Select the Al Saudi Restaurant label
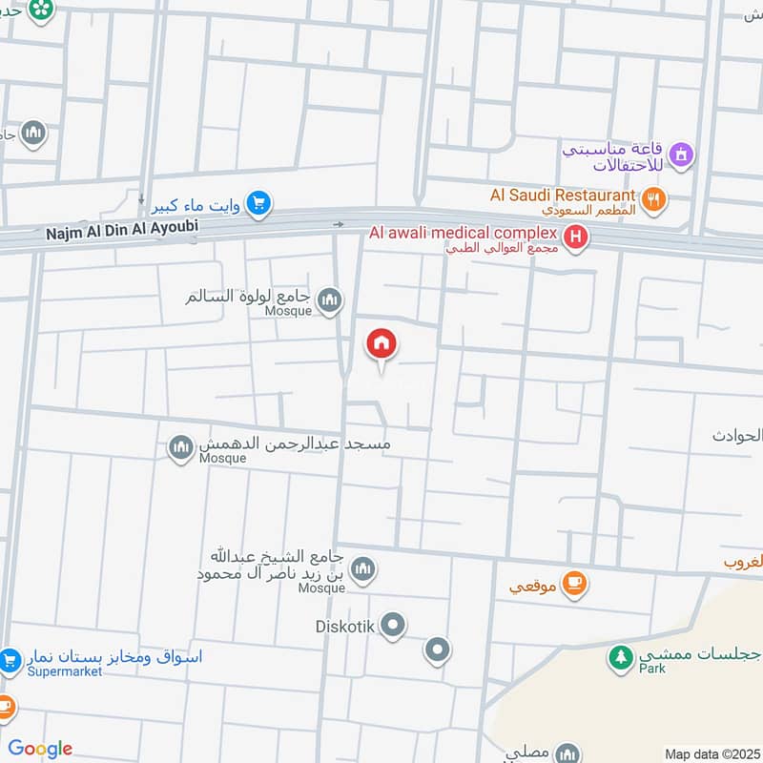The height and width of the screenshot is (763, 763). coord(562,195)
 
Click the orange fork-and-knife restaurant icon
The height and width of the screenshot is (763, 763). coord(654,199)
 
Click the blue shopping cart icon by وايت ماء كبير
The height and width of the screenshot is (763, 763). coord(258,203)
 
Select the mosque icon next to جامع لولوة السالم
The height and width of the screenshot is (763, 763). coord(330,300)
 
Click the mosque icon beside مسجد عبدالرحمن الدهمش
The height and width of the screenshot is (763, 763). coord(181,446)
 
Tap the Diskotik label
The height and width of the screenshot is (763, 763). coord(345,627)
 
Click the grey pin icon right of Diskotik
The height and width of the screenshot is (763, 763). coord(437,650)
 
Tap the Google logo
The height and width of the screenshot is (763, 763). coord(40,749)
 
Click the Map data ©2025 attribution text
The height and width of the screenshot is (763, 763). coord(711,753)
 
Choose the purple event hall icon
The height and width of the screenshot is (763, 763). coord(681,153)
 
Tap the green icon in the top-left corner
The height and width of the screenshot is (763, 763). coord(40,10)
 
